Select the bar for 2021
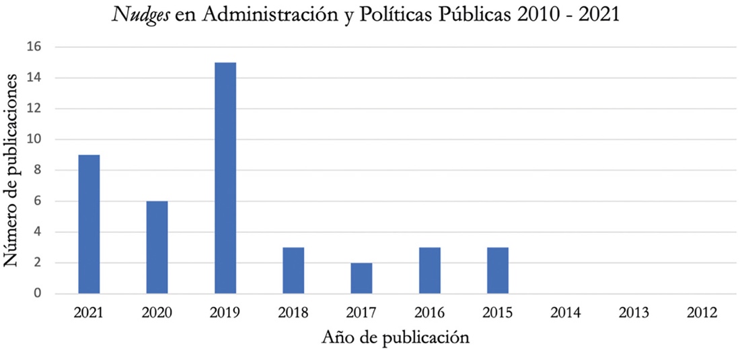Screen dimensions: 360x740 point(89,224)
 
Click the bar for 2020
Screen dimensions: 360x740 point(157,248)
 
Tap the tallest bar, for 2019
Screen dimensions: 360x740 point(225,178)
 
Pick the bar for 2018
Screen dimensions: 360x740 point(293,271)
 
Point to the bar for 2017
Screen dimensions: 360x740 point(361,278)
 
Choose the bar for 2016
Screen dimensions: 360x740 point(429,271)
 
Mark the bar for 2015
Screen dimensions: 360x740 point(497,271)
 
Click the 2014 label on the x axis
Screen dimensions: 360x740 point(566,313)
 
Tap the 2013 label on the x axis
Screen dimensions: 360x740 point(634,313)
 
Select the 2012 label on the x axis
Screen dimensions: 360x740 point(702,313)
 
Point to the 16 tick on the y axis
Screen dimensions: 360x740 point(34,47)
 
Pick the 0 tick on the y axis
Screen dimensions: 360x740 point(38,294)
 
